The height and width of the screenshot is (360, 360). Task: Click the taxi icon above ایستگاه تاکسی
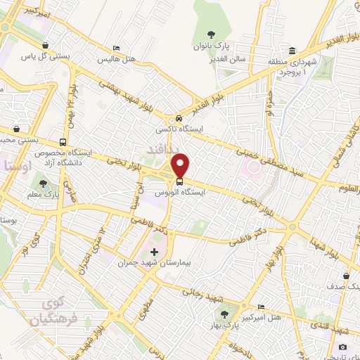180,117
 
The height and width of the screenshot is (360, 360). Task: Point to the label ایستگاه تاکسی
179,130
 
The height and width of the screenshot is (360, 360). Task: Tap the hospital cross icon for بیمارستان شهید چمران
155,251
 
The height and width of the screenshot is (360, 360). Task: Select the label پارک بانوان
211,46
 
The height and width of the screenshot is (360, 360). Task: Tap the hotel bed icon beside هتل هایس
116,49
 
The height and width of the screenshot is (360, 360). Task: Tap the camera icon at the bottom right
342,347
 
